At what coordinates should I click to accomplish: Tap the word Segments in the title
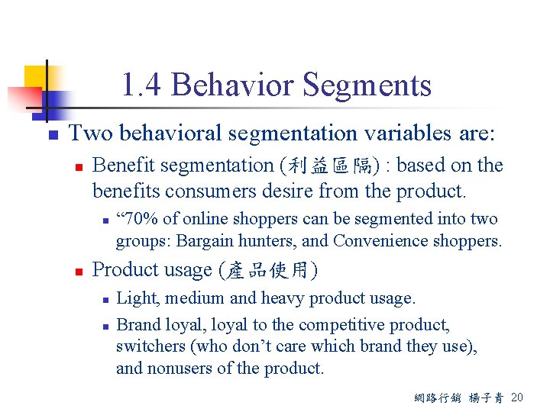click(369, 85)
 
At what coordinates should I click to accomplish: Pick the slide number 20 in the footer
click(517, 398)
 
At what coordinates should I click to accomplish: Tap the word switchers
click(149, 346)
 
